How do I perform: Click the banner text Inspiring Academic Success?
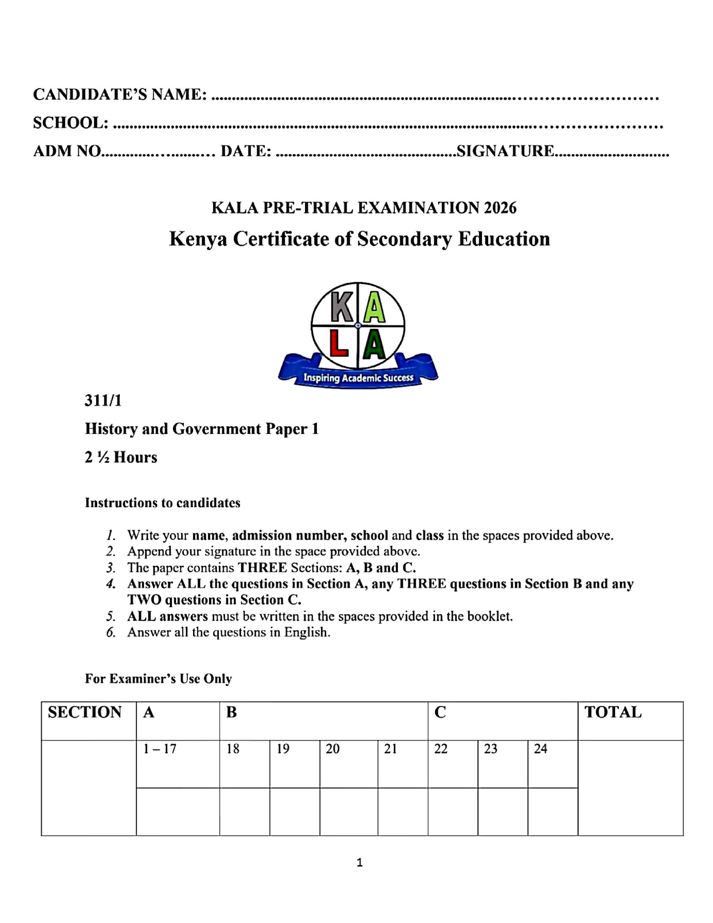pyautogui.click(x=358, y=378)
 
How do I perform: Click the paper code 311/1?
pyautogui.click(x=103, y=400)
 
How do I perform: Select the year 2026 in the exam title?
pyautogui.click(x=500, y=208)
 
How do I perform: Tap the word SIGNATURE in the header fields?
pyautogui.click(x=506, y=151)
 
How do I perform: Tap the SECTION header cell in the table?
pyautogui.click(x=85, y=713)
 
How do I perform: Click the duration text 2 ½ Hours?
pyautogui.click(x=121, y=457)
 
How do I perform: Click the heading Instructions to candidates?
pyautogui.click(x=162, y=503)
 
